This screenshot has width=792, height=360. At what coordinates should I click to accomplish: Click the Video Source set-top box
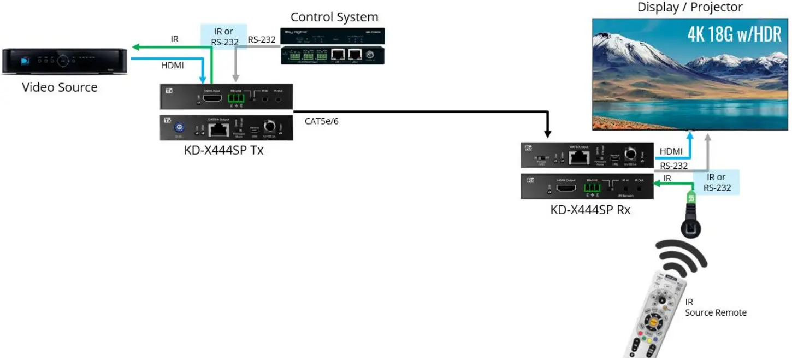click(x=64, y=61)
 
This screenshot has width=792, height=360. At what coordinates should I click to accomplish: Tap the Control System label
click(x=334, y=17)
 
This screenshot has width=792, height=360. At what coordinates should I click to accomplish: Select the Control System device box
click(x=333, y=46)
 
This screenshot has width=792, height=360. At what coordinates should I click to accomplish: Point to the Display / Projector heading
click(x=690, y=7)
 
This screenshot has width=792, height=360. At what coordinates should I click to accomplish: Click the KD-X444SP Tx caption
click(x=223, y=150)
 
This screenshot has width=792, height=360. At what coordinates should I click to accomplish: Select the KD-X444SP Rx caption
click(x=590, y=209)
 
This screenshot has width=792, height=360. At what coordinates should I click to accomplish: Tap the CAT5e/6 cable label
click(x=322, y=121)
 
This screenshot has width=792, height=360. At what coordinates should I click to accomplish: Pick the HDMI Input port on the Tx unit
click(x=212, y=99)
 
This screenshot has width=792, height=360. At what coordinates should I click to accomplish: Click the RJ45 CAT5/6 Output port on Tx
click(x=219, y=129)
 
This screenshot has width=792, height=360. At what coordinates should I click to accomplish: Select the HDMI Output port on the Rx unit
click(x=565, y=188)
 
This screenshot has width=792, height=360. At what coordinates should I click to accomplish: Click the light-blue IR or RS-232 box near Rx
click(x=717, y=182)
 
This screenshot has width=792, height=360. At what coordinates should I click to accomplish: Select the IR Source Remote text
click(x=716, y=308)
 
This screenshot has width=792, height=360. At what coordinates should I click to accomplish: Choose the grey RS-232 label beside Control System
click(x=262, y=39)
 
